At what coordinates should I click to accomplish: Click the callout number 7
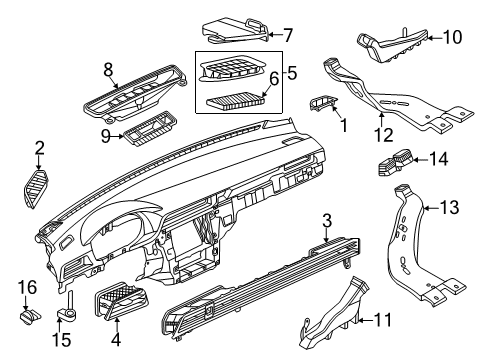pos(287,35)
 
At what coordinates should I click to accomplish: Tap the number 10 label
pos(452,37)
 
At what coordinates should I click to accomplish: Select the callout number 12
pos(383,135)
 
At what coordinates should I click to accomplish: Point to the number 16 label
pos(27,287)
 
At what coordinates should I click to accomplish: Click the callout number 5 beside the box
pos(292,73)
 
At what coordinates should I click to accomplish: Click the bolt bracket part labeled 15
pos(67,306)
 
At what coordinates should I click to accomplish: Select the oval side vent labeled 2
pos(36,189)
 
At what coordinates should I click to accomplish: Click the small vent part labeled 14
pos(395,162)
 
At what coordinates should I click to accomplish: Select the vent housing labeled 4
pos(121,299)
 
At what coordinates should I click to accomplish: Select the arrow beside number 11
pos(365,321)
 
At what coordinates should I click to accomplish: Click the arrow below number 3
pos(326,235)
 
